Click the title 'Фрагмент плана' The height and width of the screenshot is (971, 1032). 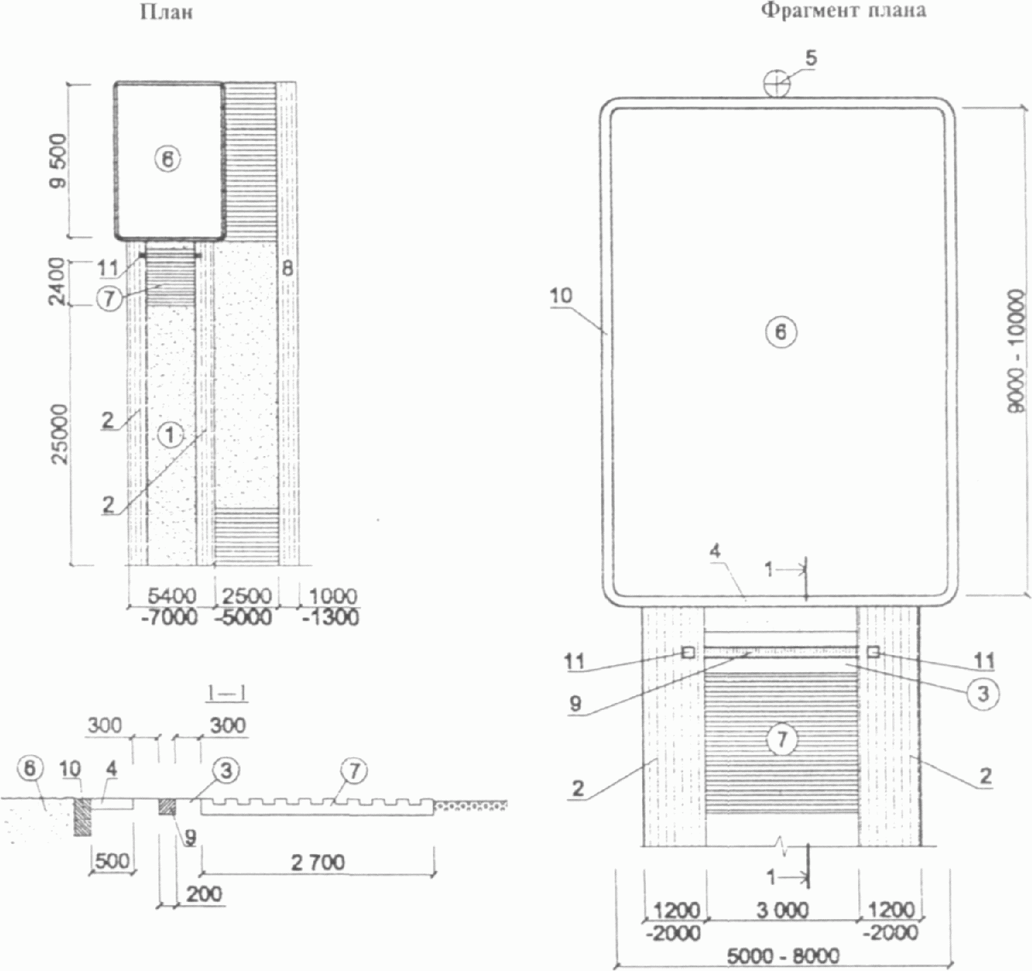pos(843,11)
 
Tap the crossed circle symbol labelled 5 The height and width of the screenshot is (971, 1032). pos(776,84)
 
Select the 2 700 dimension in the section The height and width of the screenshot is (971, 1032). pos(317,863)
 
